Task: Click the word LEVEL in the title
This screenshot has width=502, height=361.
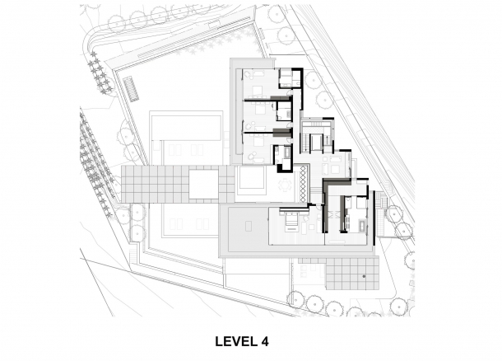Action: click(236, 341)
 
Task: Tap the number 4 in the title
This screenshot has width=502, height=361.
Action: click(265, 341)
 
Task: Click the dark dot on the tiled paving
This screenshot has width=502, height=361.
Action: click(364, 276)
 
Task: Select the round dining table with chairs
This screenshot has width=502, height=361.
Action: click(285, 185)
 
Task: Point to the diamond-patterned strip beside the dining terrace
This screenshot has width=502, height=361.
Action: click(303, 184)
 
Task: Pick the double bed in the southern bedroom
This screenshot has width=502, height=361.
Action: click(291, 219)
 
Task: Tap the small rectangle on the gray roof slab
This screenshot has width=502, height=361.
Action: click(249, 226)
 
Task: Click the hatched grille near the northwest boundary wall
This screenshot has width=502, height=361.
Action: click(132, 89)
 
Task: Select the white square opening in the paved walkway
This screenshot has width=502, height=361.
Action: click(203, 185)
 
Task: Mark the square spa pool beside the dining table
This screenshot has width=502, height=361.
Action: click(251, 180)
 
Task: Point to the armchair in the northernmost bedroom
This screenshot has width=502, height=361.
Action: click(248, 74)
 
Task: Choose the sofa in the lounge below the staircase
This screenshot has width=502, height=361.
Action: click(325, 167)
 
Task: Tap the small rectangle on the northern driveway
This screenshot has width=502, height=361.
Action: click(214, 25)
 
